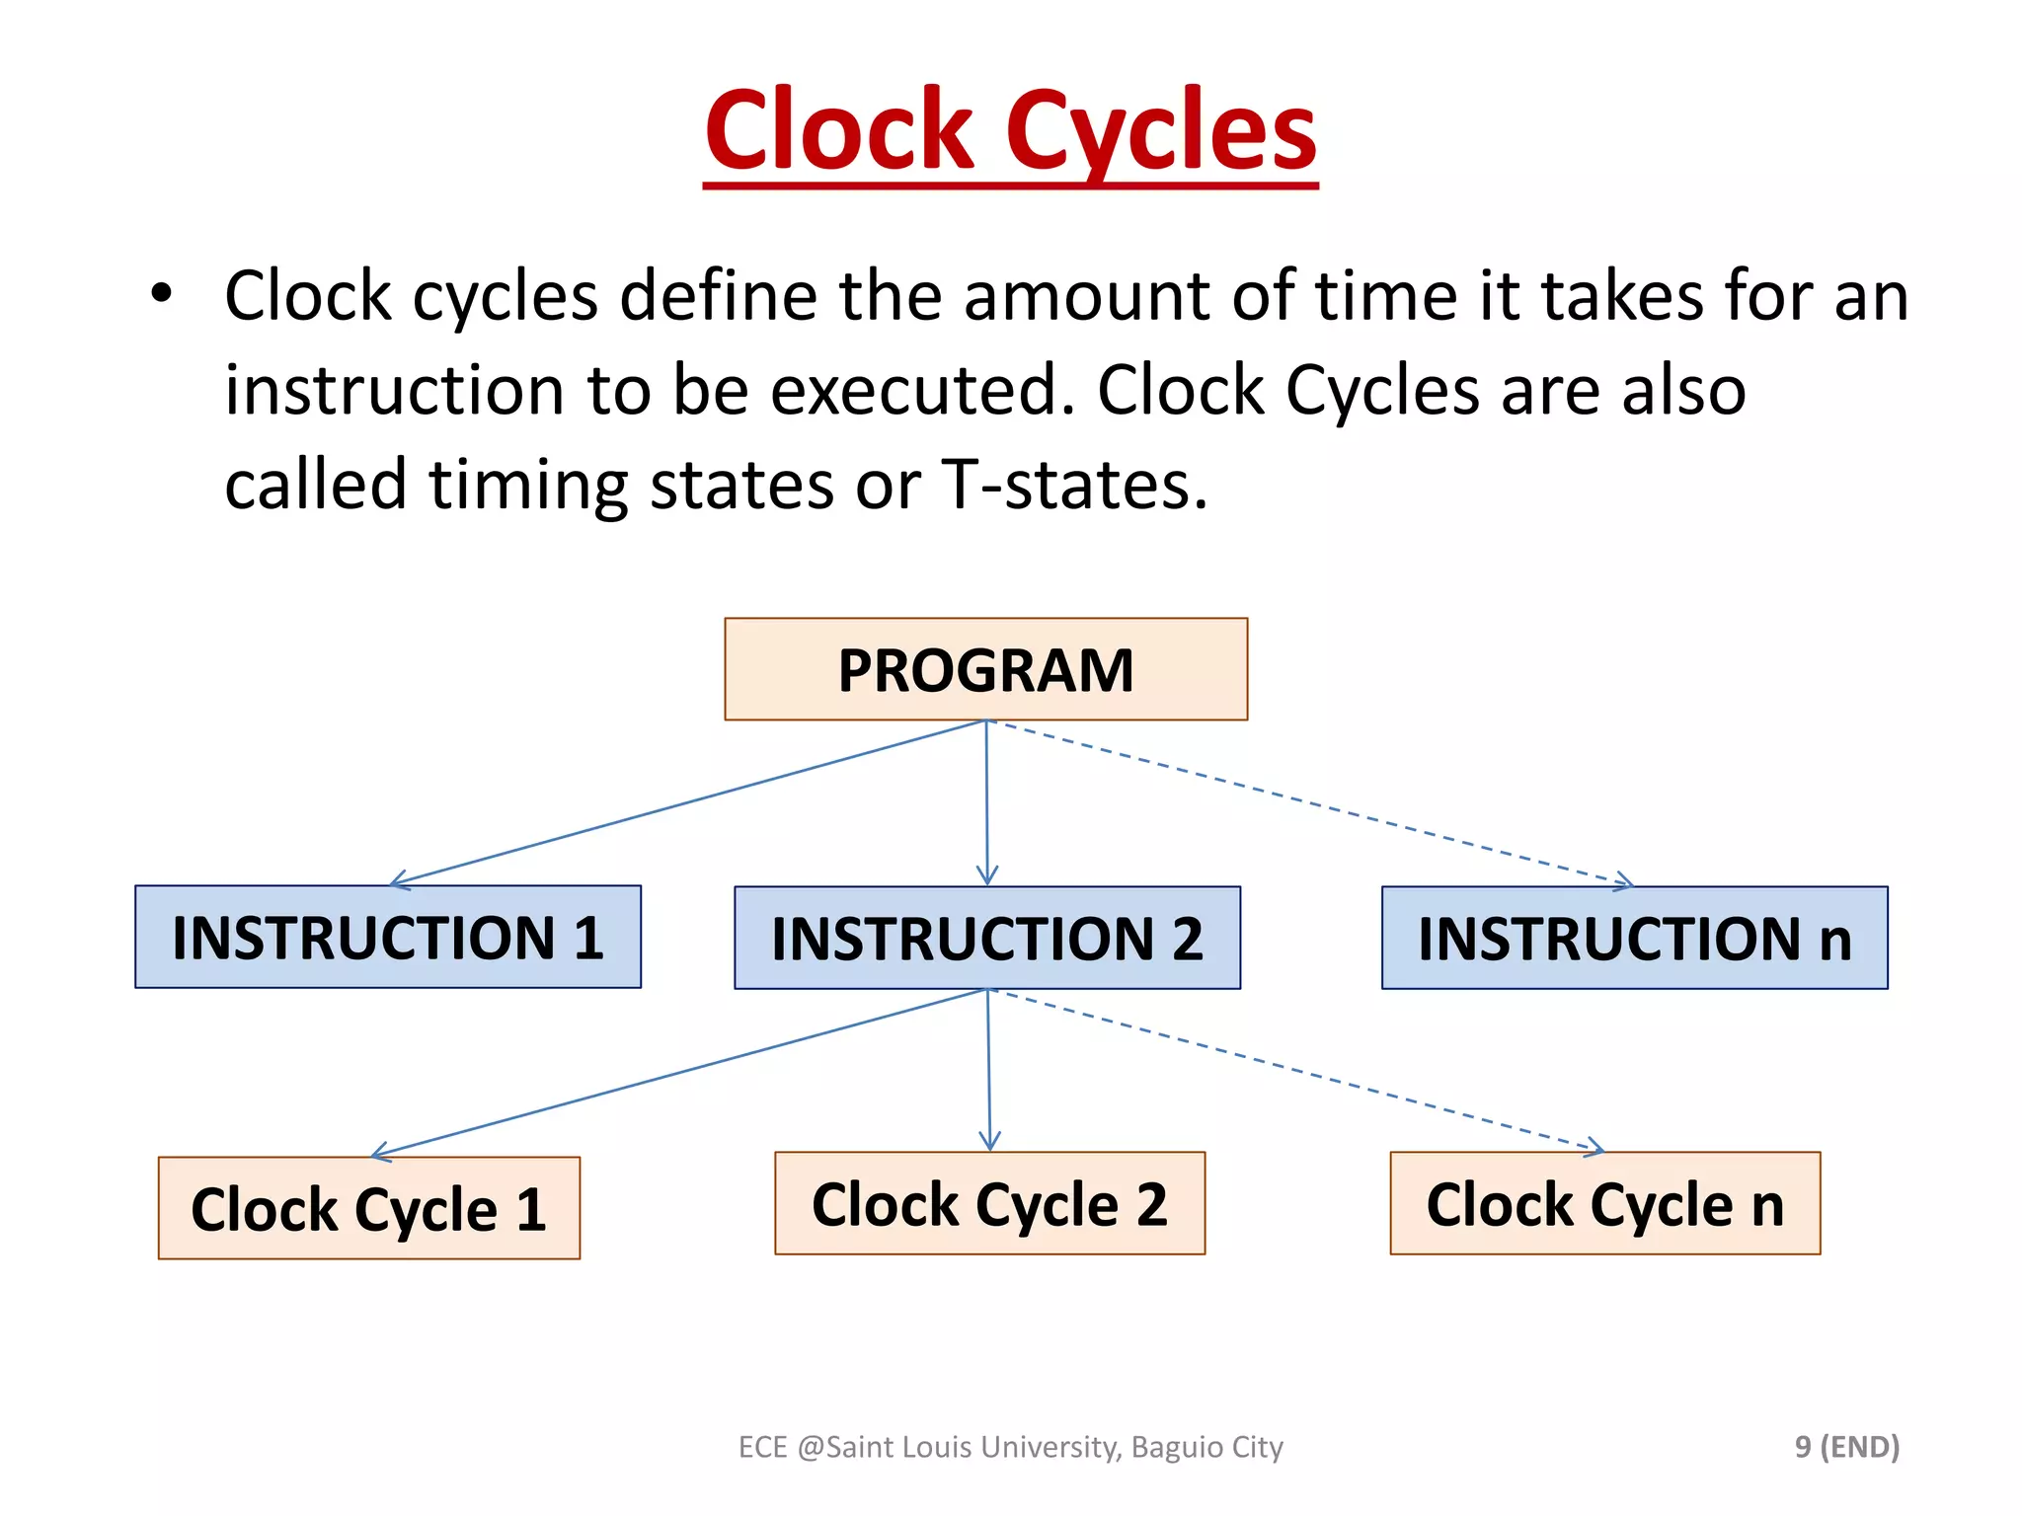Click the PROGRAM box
tap(985, 669)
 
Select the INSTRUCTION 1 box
tap(388, 937)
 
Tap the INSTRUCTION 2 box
tap(987, 938)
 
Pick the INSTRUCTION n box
tap(1634, 938)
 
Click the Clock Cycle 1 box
tap(368, 1207)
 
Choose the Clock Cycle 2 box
tap(989, 1203)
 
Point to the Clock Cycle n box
tap(1604, 1203)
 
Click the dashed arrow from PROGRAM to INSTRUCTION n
tap(1313, 802)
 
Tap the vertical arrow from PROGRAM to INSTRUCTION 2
tap(986, 801)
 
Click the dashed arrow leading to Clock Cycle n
tap(1298, 1071)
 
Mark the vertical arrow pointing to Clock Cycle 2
tap(988, 1071)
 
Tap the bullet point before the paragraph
tap(161, 293)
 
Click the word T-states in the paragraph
tap(1074, 485)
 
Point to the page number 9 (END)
tap(1846, 1446)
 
